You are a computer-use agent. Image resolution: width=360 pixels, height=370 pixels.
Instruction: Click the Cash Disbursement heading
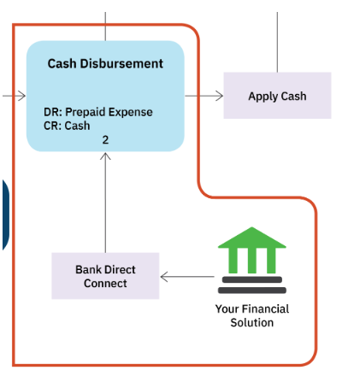(x=105, y=63)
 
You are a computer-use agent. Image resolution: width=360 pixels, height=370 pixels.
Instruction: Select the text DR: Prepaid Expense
(x=98, y=112)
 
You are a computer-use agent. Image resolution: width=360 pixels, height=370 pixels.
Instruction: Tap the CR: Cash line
(x=67, y=126)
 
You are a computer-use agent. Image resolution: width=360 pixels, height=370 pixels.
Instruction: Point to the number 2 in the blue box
(x=105, y=140)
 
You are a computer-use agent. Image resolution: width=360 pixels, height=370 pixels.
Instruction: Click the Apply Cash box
(x=277, y=96)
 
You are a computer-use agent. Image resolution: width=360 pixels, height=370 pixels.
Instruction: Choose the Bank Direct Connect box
(x=105, y=276)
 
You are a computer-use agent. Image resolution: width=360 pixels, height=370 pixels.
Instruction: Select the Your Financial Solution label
(x=252, y=315)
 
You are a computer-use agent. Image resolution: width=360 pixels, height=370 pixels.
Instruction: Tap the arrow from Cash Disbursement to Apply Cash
(x=204, y=96)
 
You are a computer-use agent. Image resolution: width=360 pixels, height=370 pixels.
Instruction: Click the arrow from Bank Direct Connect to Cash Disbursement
(x=105, y=203)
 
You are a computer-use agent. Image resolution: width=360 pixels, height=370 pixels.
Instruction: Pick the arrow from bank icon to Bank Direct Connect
(x=187, y=277)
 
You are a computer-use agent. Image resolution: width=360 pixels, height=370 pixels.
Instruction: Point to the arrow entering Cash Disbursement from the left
(x=14, y=96)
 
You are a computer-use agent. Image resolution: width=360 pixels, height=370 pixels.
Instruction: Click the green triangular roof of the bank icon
(x=252, y=238)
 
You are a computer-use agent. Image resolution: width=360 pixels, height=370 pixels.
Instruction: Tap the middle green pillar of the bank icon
(x=252, y=261)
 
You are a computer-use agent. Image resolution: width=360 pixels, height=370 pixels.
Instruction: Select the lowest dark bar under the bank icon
(x=252, y=291)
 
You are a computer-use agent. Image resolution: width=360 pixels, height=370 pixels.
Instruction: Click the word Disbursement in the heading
(x=121, y=63)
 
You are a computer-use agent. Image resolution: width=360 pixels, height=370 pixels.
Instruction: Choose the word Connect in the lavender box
(x=105, y=284)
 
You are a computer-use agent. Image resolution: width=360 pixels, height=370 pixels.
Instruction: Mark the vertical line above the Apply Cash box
(x=277, y=42)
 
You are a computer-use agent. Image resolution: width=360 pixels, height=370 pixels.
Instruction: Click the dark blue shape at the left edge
(x=6, y=215)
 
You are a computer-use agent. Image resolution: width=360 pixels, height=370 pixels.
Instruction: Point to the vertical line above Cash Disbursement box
(x=105, y=26)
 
